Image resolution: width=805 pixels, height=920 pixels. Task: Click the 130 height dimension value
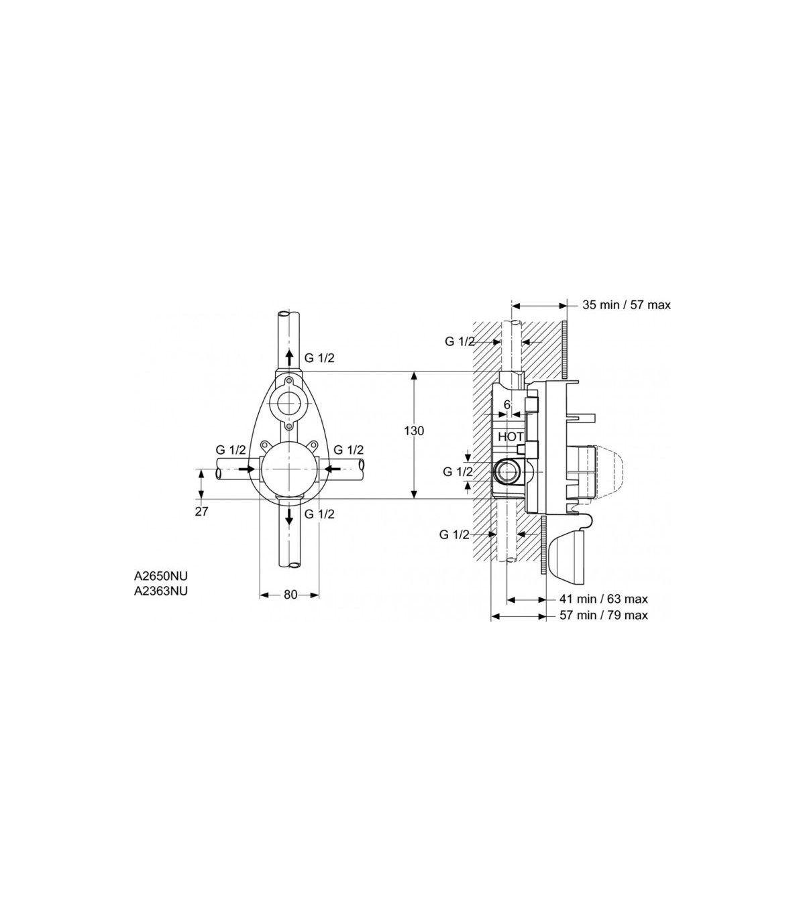(414, 430)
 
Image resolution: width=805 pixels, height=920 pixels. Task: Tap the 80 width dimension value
(290, 595)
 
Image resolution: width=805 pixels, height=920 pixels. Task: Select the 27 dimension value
(201, 512)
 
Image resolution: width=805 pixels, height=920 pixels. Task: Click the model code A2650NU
(160, 576)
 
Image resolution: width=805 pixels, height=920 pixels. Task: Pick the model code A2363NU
(160, 591)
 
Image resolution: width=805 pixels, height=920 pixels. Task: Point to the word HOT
(511, 437)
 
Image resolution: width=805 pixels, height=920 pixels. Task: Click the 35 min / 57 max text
(627, 305)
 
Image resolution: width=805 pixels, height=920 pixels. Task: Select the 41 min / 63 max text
(604, 599)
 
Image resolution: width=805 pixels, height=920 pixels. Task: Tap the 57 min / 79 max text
(604, 615)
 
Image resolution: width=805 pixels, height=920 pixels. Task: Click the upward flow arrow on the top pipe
(290, 357)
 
